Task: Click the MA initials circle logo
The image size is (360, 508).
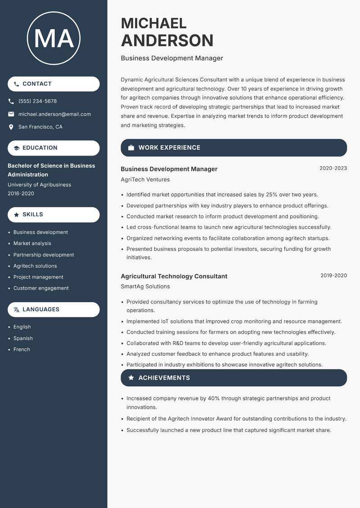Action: click(x=54, y=38)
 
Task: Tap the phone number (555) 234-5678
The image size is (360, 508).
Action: click(x=37, y=101)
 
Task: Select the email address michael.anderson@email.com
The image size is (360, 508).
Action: click(x=54, y=114)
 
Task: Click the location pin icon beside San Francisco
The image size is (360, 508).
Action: click(x=11, y=127)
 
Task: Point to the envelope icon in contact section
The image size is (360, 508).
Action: click(x=11, y=114)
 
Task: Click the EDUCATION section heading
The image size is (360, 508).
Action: click(x=40, y=148)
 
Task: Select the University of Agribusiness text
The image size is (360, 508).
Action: click(x=39, y=185)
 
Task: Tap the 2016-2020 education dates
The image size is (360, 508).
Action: click(x=21, y=193)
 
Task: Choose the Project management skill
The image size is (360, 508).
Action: click(x=38, y=277)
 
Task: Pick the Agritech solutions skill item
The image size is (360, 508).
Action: click(x=35, y=266)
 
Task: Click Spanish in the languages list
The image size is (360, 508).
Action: click(x=23, y=338)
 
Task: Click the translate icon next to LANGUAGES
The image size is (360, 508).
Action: click(x=17, y=310)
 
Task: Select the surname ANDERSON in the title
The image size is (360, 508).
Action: click(x=167, y=40)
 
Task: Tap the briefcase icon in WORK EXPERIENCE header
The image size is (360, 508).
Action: click(x=131, y=148)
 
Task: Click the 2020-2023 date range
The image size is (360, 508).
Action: click(x=333, y=169)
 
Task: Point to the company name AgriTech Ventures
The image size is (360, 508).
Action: click(x=145, y=179)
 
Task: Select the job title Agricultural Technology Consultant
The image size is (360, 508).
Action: click(x=174, y=276)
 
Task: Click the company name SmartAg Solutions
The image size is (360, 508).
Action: click(x=145, y=286)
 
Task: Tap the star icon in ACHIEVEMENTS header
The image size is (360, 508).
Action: click(x=131, y=378)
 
